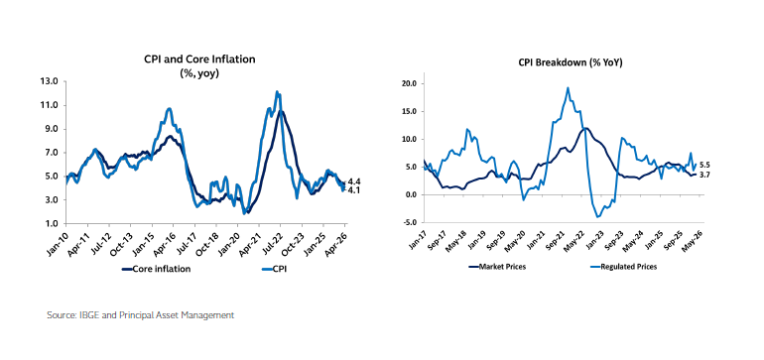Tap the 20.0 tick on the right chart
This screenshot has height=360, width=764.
408,84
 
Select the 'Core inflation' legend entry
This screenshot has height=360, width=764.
161,268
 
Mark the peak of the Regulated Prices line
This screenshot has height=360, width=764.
568,88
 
